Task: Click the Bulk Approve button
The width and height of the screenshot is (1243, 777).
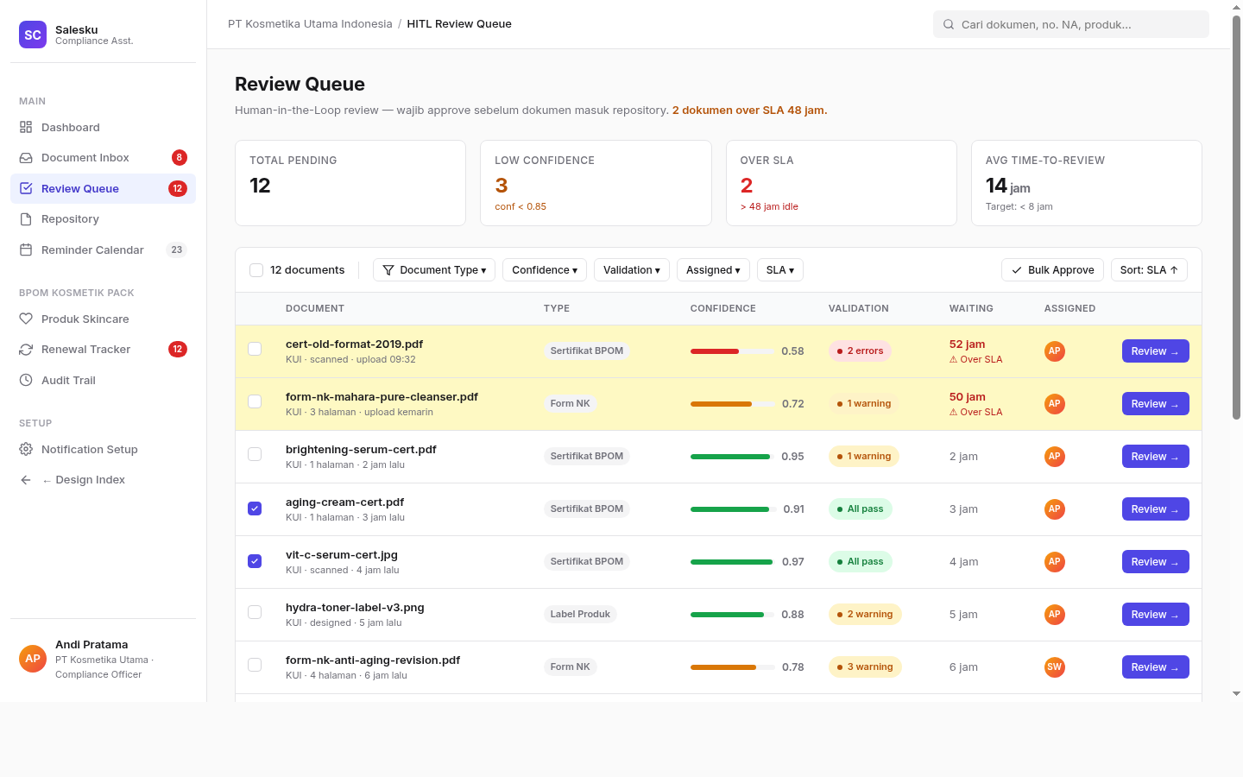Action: (1052, 269)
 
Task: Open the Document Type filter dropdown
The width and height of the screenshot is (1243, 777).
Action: (434, 269)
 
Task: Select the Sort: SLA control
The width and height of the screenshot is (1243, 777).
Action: (1149, 269)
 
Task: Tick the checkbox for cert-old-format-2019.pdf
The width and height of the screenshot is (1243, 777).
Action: (255, 349)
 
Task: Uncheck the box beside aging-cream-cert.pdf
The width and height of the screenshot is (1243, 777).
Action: (255, 509)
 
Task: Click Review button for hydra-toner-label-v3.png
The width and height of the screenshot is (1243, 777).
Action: (1155, 614)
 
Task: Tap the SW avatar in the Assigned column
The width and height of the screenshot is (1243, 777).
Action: (1054, 666)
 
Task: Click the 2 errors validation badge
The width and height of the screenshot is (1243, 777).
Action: (860, 351)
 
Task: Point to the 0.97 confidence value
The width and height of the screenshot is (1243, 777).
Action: (793, 562)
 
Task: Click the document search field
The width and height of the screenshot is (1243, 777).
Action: (1071, 24)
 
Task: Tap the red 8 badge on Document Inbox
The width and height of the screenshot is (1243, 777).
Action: (179, 158)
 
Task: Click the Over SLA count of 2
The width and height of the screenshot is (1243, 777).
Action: (747, 186)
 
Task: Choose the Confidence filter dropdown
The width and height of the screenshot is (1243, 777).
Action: (545, 269)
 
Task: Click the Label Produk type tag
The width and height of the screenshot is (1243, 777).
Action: (580, 614)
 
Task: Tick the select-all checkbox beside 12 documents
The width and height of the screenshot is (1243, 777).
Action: (256, 270)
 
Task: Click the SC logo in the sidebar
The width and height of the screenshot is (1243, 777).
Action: (33, 35)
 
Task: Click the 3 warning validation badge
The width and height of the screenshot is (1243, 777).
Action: (865, 666)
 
